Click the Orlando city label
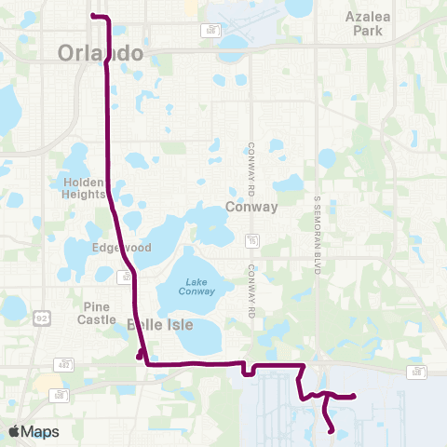click(101, 52)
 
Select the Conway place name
click(251, 207)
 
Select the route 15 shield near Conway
click(251, 242)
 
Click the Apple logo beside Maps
click(14, 431)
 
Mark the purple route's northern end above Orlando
click(91, 17)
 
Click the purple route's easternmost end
click(355, 398)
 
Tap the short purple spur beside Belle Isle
click(140, 354)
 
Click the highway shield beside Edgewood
click(123, 276)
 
